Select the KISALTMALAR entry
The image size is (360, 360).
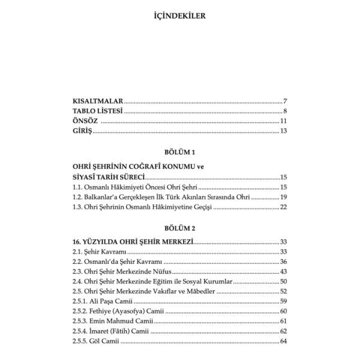[x=94, y=101]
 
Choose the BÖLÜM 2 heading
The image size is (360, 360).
[x=180, y=229]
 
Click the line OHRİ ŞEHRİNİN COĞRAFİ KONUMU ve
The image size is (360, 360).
[x=130, y=167]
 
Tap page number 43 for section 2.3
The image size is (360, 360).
[x=284, y=272]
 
